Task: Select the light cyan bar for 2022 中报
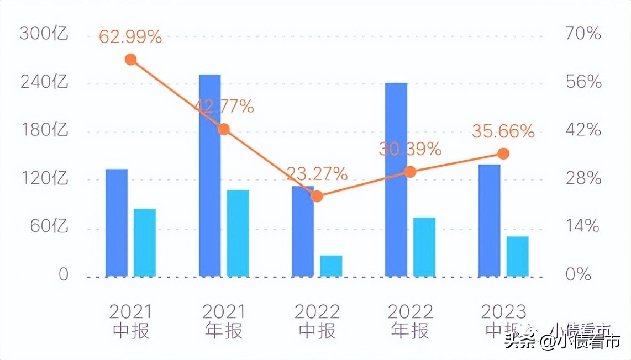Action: coord(331,266)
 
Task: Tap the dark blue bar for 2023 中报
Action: coord(490,220)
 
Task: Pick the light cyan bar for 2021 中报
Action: coord(145,242)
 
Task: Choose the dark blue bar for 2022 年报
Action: coord(396,179)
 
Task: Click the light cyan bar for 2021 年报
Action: coord(238,233)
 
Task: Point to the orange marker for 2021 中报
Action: coord(131,60)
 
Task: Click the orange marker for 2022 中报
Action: coord(317,196)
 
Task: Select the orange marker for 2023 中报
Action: coord(503,153)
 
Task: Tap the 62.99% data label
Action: coord(130,37)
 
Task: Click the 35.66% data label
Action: coord(503,131)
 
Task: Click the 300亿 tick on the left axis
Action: coord(44,34)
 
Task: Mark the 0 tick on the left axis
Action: coord(64,274)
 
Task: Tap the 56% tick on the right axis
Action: coord(583,82)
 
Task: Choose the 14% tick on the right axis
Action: coord(583,226)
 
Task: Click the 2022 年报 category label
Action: coord(410,321)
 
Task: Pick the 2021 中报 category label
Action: coord(130,321)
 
